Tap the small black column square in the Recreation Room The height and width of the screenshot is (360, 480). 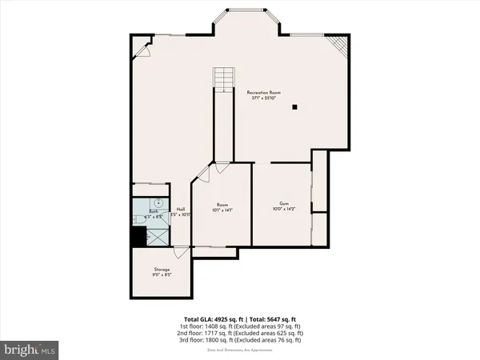click(x=294, y=106)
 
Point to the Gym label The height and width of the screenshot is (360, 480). click(x=283, y=203)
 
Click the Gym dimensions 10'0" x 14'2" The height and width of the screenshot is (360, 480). click(x=283, y=210)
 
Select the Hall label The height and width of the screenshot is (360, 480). click(x=182, y=208)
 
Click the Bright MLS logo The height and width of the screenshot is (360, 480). click(x=30, y=349)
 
